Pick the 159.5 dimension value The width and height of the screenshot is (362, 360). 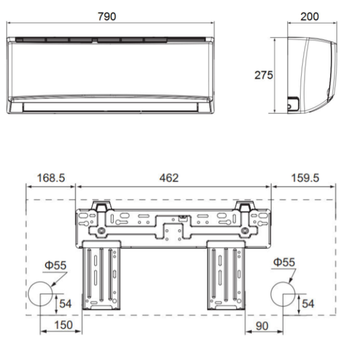coord(306,178)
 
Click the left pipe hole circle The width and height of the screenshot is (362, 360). coord(41,294)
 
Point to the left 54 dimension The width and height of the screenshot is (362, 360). coord(65,302)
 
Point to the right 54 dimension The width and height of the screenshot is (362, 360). coord(308,302)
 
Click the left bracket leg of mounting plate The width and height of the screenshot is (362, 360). coord(102,274)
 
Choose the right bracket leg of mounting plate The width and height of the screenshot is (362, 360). coord(227,274)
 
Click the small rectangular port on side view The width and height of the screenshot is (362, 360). coord(293,103)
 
